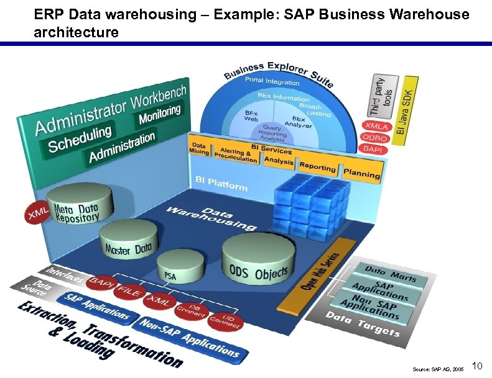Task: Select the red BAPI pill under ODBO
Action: coord(373,149)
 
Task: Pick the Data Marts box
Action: coord(391,272)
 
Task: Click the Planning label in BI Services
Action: coord(361,173)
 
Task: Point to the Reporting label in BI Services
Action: coord(317,166)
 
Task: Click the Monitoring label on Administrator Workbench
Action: coord(159,114)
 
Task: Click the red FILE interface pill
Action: coord(130,290)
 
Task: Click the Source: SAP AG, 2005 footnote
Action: coord(438,369)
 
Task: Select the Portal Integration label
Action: coord(272,81)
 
